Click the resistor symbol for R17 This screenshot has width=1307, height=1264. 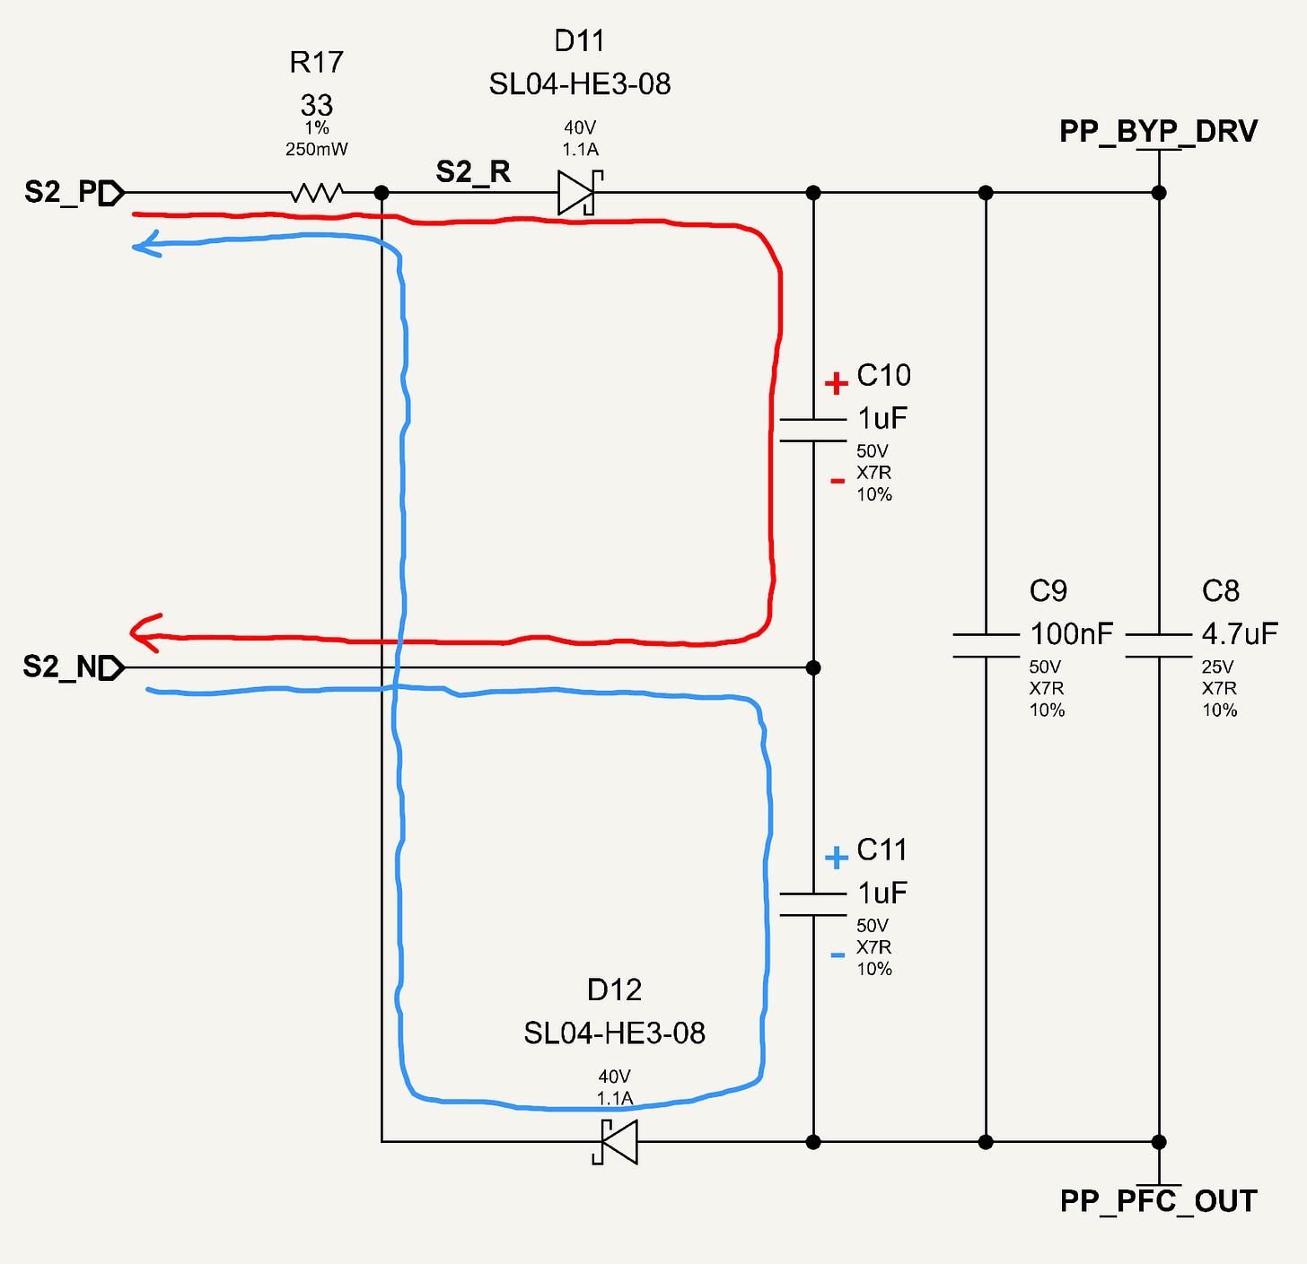pyautogui.click(x=317, y=193)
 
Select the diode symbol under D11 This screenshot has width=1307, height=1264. pyautogui.click(x=580, y=193)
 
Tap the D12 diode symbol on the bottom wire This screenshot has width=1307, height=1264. pyautogui.click(x=615, y=1142)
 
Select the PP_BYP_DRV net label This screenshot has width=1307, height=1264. pyautogui.click(x=1158, y=131)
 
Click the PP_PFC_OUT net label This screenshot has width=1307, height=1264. pyautogui.click(x=1159, y=1201)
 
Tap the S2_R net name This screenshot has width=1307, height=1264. pyautogui.click(x=473, y=172)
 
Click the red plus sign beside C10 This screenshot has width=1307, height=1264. pyautogui.click(x=837, y=384)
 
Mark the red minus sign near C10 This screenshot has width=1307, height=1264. pyautogui.click(x=837, y=481)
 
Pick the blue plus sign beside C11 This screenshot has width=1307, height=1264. pyautogui.click(x=837, y=858)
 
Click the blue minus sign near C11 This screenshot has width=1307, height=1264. pyautogui.click(x=837, y=955)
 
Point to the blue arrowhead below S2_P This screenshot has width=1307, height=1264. pyautogui.click(x=146, y=244)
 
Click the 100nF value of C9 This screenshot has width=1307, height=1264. pyautogui.click(x=1071, y=633)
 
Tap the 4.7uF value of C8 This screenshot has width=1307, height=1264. pyautogui.click(x=1240, y=633)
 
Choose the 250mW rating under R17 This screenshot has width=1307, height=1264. pyautogui.click(x=316, y=149)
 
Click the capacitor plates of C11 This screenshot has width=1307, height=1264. pyautogui.click(x=812, y=904)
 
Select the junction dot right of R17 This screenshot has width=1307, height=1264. pyautogui.click(x=382, y=193)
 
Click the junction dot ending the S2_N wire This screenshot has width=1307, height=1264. pyautogui.click(x=813, y=667)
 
